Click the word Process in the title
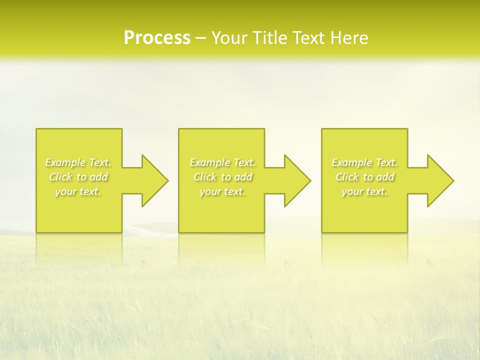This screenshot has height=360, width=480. point(157,38)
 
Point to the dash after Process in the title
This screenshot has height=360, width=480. point(201,38)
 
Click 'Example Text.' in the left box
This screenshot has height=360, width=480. point(78,162)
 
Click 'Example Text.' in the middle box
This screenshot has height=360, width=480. point(222,162)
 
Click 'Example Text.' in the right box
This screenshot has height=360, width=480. point(364,162)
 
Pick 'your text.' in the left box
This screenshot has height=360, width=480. point(78,191)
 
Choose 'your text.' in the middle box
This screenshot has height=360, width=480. point(222,191)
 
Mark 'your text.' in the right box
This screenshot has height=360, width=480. point(364,191)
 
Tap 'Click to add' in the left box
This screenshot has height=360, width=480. point(78,177)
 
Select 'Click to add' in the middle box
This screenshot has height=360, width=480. point(222,177)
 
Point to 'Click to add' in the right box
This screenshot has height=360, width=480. point(364,177)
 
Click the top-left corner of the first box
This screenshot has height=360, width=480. point(36,129)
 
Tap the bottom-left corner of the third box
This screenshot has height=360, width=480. point(322,232)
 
